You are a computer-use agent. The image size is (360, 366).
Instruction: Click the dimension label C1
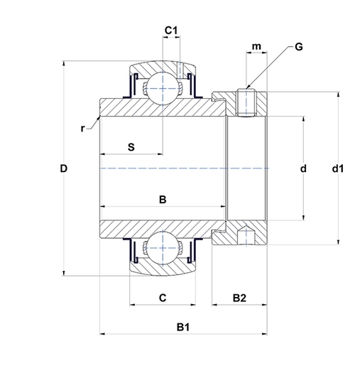point(171,31)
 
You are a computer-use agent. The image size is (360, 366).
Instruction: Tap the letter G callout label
point(299,47)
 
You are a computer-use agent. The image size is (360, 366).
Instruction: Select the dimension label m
point(256,46)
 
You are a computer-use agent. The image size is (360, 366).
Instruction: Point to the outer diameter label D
point(63,168)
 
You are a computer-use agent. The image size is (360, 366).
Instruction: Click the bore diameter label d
point(303,168)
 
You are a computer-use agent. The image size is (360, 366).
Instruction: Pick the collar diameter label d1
point(338,168)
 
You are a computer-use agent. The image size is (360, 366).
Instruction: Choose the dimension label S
point(131,147)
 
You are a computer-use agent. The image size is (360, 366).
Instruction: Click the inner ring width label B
point(163,199)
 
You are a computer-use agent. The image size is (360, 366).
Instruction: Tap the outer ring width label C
point(163,298)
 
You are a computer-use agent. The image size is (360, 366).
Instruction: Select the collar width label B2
point(239,298)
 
